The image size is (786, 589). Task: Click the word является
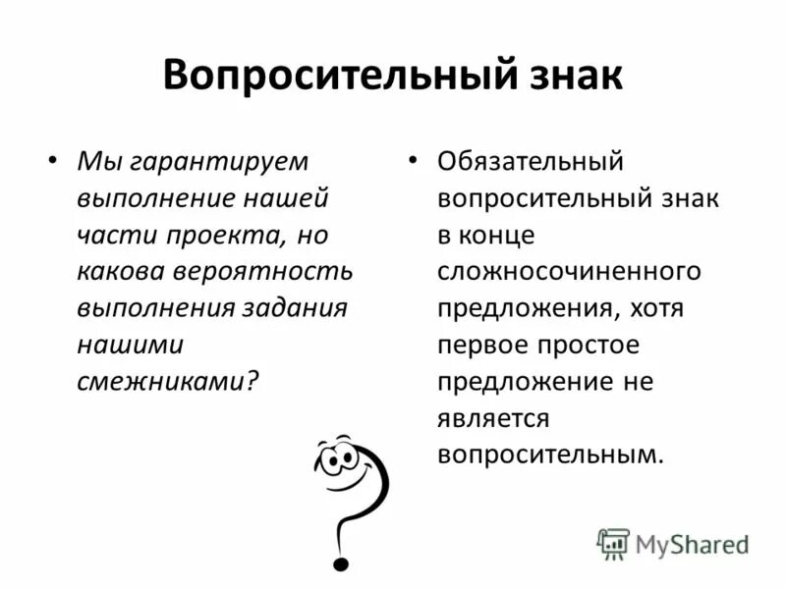[493, 418]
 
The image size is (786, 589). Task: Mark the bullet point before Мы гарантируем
[53, 160]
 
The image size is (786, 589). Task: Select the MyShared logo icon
[613, 542]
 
